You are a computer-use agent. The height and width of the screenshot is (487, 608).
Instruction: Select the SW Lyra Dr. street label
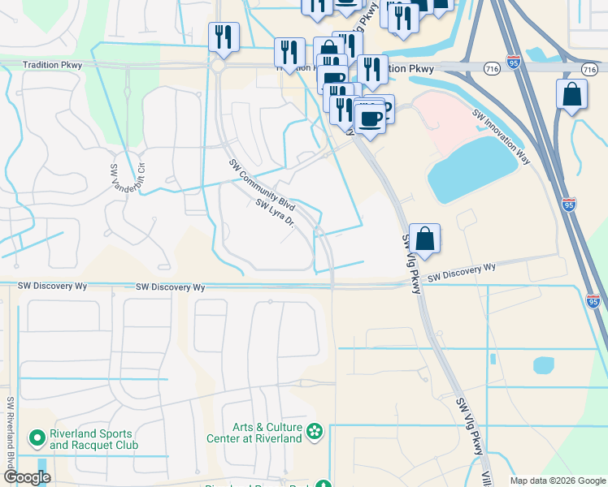pyautogui.click(x=274, y=214)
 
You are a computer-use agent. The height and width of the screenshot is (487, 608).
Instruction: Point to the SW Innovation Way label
pyautogui.click(x=502, y=138)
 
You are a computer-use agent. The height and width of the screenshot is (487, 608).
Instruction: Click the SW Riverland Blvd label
pyautogui.click(x=11, y=431)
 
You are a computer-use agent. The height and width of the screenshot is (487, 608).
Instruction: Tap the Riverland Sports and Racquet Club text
pyautogui.click(x=93, y=439)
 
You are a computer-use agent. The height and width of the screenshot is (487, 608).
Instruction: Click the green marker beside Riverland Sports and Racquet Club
pyautogui.click(x=37, y=439)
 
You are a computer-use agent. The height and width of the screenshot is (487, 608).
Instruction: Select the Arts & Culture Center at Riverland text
pyautogui.click(x=267, y=433)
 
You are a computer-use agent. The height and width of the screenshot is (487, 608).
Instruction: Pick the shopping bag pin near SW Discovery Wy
pyautogui.click(x=424, y=239)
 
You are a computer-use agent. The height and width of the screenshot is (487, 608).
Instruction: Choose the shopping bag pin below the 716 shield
pyautogui.click(x=572, y=94)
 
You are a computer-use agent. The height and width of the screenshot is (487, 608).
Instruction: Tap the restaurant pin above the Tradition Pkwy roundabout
pyautogui.click(x=223, y=37)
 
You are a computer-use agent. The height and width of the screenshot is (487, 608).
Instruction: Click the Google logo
pyautogui.click(x=28, y=477)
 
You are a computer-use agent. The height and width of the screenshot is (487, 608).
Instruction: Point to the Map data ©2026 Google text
pyautogui.click(x=556, y=481)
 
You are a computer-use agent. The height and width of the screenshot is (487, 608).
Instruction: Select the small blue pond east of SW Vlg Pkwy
pyautogui.click(x=543, y=365)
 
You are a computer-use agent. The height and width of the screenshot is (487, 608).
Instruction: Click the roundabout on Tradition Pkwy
pyautogui.click(x=220, y=68)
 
